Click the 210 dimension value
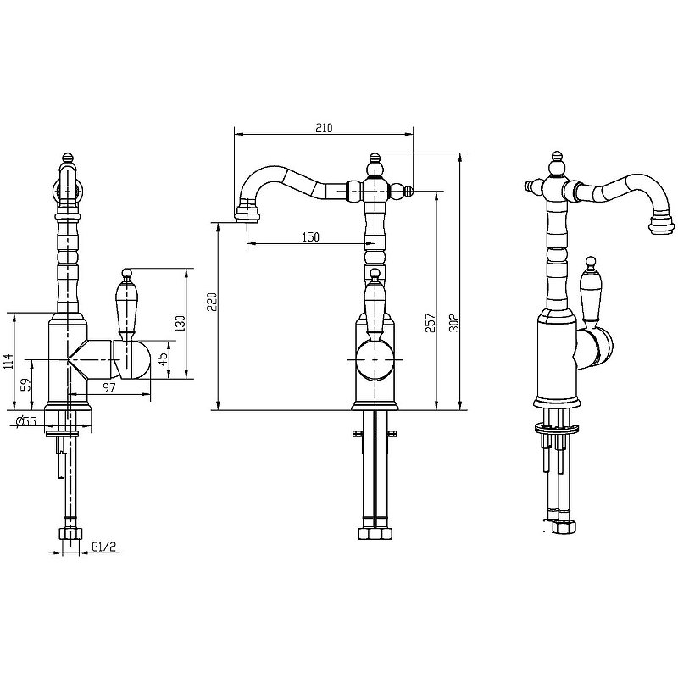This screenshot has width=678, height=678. (x=324, y=128)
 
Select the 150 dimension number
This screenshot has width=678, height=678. (x=310, y=237)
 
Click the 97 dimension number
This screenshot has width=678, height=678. (x=108, y=387)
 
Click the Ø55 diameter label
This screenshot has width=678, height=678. (x=25, y=421)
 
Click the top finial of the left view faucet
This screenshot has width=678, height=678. (x=68, y=158)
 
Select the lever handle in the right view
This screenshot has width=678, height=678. (x=591, y=292)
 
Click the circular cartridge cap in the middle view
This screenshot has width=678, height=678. (x=374, y=359)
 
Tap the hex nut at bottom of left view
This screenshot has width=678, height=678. (x=69, y=534)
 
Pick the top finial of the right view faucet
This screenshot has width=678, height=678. (x=557, y=158)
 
